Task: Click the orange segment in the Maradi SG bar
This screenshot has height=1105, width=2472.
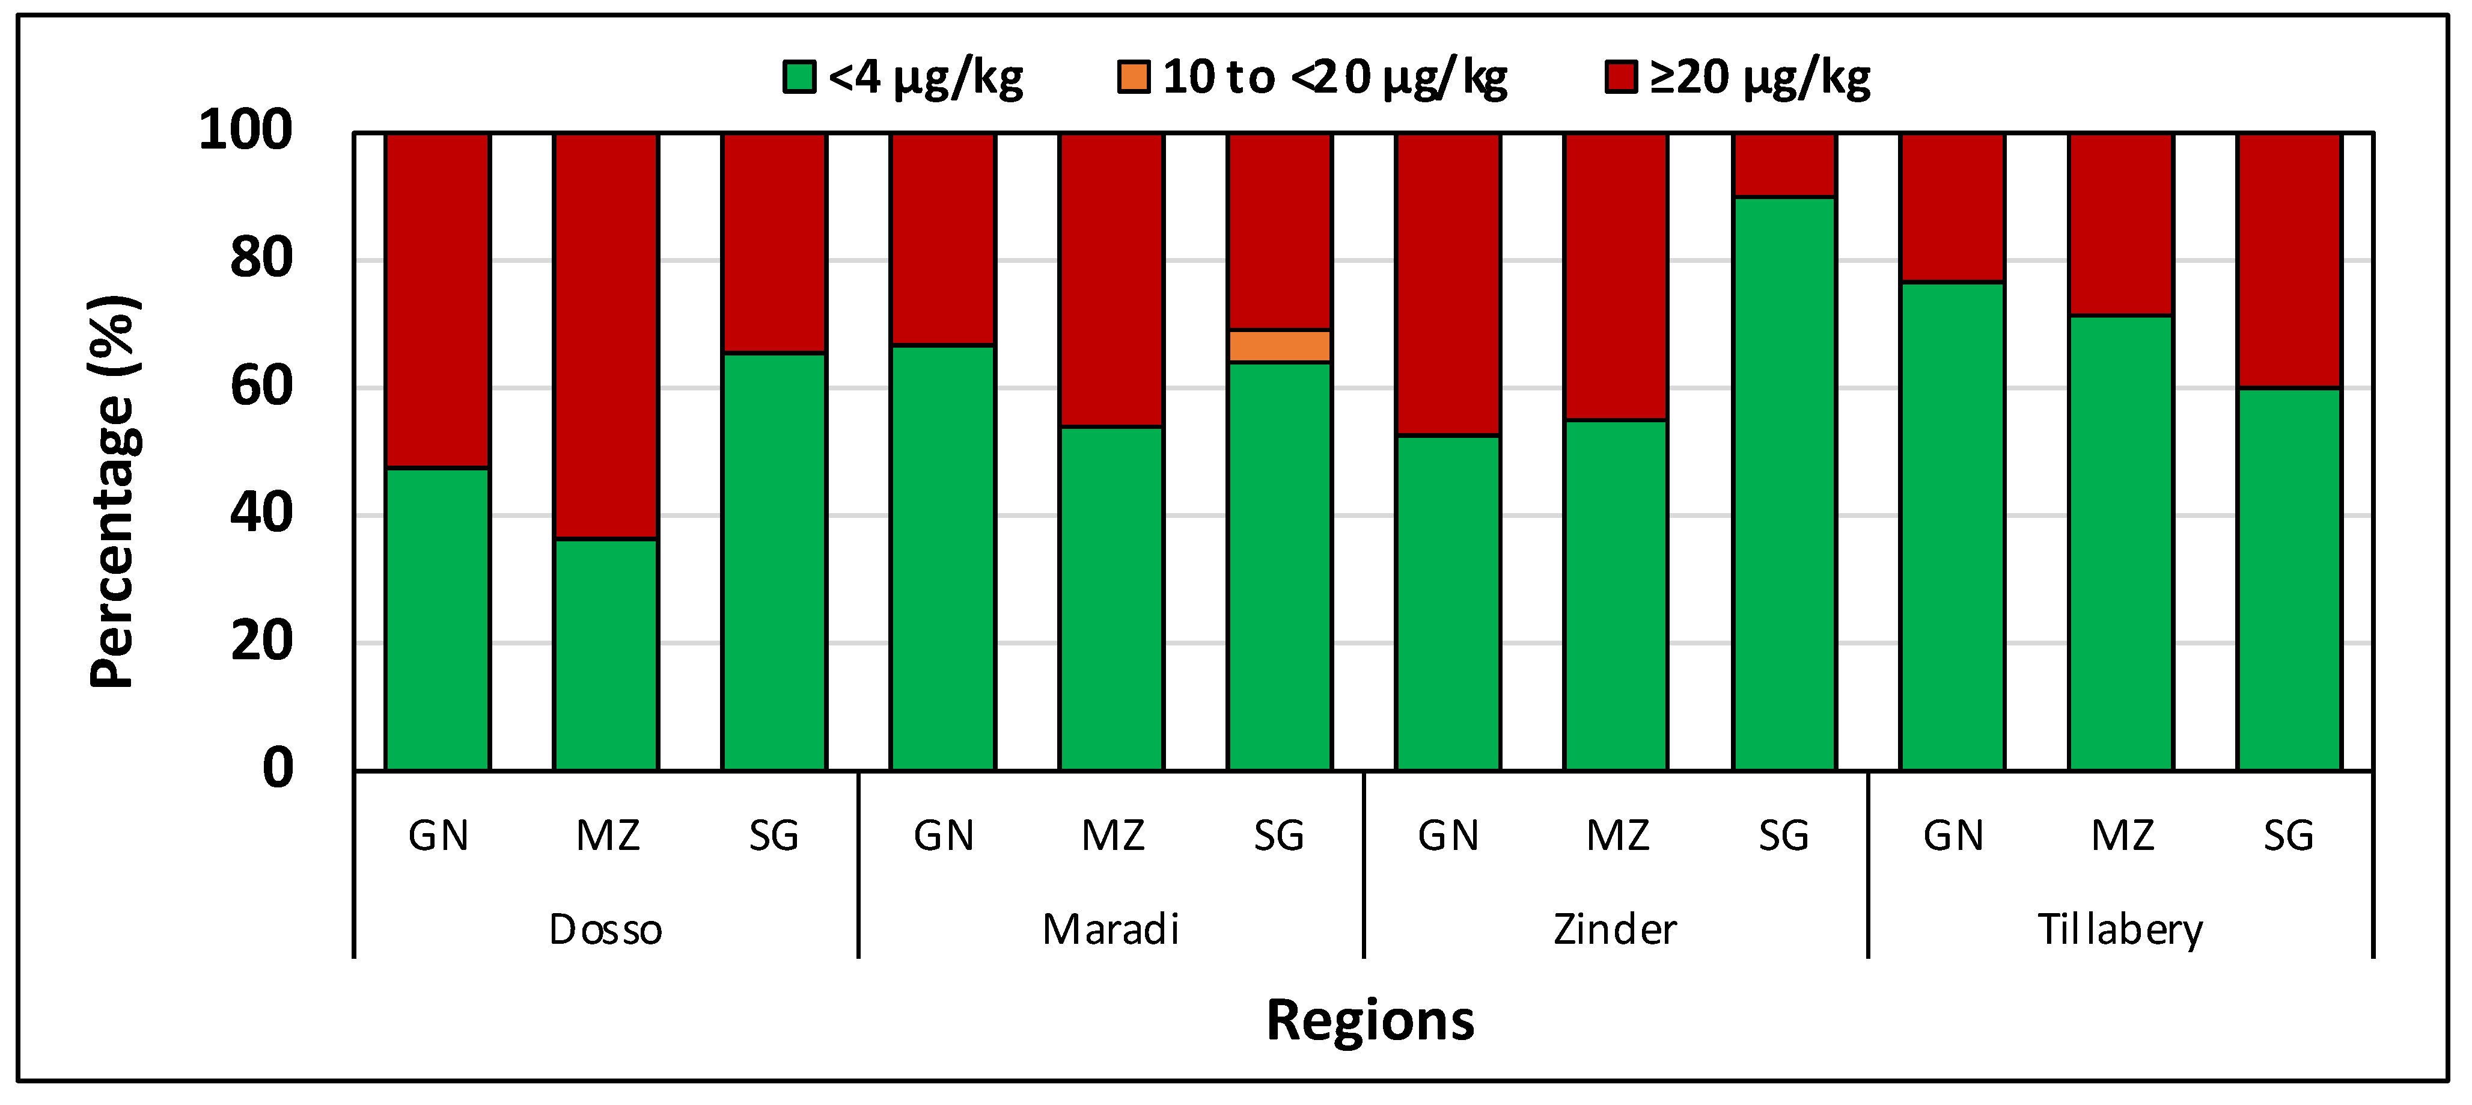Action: (1279, 346)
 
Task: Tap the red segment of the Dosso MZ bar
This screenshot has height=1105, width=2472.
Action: (605, 336)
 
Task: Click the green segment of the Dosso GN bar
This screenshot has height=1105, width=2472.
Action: (438, 618)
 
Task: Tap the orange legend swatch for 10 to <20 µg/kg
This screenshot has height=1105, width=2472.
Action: (1134, 77)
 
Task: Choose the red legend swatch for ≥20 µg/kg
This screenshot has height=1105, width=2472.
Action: (1621, 77)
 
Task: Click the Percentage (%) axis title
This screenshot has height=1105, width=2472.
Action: (113, 491)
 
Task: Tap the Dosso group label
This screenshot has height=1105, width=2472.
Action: (605, 929)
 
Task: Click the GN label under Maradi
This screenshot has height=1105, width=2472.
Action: (944, 836)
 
